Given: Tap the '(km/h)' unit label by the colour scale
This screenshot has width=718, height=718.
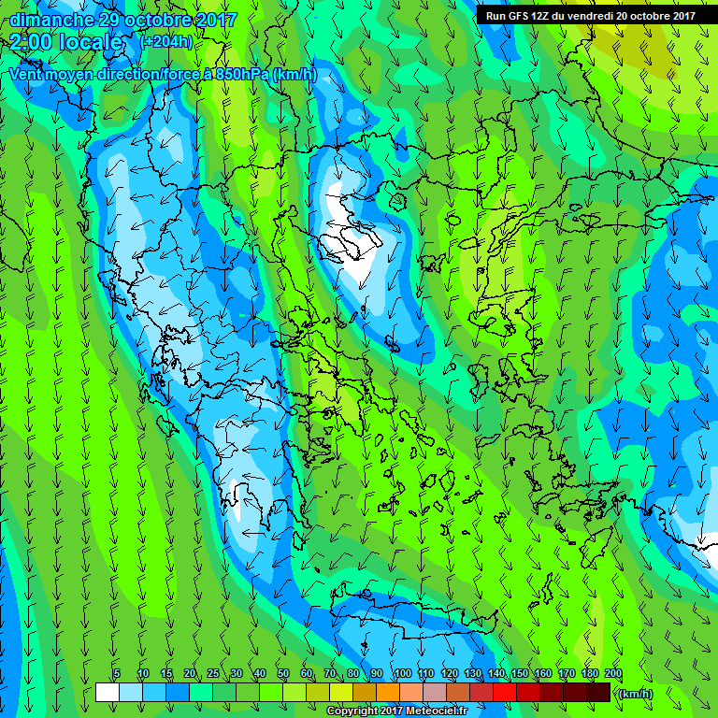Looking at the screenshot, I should pos(636,693).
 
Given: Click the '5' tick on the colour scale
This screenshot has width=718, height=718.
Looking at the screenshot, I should pos(117,673).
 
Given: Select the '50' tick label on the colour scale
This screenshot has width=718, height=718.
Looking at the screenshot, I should pos(283,673).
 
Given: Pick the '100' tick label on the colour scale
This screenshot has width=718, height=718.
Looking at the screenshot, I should pos(402,673).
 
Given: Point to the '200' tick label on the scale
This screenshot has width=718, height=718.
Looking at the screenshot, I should pos(613,673).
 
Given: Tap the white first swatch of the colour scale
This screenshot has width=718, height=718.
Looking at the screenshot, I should pos(107,692).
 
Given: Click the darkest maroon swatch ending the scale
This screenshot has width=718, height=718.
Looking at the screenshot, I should pos(598,692).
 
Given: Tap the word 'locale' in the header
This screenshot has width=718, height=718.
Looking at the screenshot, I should pos(92,42).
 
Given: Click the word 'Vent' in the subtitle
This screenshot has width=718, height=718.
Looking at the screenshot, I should pos(26,74).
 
